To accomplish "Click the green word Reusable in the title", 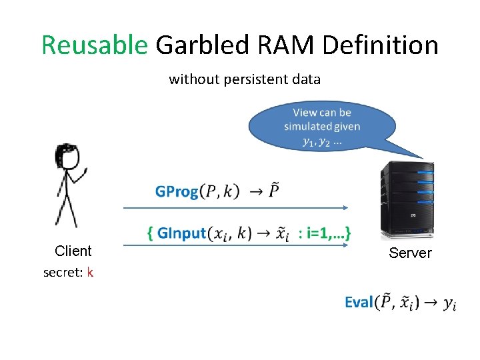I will [94, 45].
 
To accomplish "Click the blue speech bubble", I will [321, 127].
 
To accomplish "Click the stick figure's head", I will [67, 157].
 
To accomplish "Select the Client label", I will [73, 251].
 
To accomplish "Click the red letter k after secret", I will [90, 272].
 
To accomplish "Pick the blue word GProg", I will [177, 192].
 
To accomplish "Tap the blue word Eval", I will [359, 303].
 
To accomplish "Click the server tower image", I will [407, 200].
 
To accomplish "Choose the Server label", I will [410, 253].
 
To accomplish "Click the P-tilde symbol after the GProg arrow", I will [275, 191].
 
